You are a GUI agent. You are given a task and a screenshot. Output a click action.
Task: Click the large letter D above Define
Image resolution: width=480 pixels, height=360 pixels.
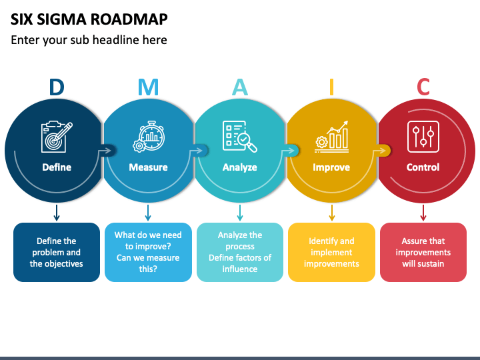pos(57,87)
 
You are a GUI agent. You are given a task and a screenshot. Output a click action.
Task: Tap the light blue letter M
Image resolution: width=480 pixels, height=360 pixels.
pos(148,87)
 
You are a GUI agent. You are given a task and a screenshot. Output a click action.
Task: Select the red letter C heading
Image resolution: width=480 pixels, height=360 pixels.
pos(423,87)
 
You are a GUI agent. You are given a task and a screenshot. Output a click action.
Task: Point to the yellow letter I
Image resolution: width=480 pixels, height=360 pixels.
pos(331,87)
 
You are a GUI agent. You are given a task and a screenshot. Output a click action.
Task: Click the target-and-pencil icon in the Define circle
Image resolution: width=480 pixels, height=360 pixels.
pos(57,137)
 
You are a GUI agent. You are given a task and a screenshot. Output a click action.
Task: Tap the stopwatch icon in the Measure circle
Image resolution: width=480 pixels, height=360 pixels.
pos(149,136)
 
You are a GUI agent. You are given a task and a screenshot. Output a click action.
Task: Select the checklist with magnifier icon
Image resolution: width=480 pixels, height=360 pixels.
pos(240,137)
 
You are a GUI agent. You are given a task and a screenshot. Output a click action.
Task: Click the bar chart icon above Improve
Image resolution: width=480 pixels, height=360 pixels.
pos(331,137)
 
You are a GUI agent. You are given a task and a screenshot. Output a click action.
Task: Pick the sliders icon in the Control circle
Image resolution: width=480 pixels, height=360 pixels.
pos(423,137)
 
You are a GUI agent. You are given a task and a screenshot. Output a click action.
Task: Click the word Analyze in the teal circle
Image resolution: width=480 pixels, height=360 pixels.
pos(240,167)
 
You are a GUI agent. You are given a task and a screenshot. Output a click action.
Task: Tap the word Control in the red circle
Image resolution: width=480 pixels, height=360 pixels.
pos(423,167)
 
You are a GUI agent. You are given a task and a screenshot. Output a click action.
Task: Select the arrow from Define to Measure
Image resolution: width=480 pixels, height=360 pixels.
pos(105,150)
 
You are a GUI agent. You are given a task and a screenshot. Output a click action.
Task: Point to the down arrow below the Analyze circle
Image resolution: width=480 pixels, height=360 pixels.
pos(240,213)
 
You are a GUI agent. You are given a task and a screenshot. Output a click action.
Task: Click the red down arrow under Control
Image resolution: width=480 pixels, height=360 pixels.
pos(423,213)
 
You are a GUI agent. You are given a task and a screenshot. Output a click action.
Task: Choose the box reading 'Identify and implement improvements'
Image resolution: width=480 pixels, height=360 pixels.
pos(331,252)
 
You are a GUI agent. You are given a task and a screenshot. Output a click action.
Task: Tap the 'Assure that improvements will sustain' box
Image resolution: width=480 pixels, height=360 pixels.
pos(423,252)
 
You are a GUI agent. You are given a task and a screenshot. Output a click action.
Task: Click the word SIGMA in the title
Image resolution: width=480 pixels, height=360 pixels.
pos(62,19)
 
